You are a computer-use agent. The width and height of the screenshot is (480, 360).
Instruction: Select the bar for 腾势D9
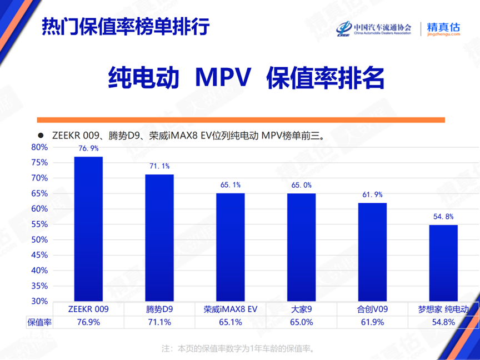coord(159,238)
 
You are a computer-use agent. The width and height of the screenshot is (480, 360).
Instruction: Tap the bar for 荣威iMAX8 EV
coord(231,247)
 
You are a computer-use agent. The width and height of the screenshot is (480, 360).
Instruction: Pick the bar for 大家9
coord(301,247)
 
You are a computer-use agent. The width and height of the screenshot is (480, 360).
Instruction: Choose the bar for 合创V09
coord(372,252)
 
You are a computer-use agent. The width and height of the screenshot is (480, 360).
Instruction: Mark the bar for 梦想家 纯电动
coord(443,263)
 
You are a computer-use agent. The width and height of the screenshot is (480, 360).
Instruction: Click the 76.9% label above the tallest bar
coord(88,148)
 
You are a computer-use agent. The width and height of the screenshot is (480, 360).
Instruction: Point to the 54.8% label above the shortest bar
coord(443,217)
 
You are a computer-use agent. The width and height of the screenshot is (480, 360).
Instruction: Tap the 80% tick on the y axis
coord(40,147)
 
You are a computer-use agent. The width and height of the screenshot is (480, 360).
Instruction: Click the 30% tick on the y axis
coord(40,301)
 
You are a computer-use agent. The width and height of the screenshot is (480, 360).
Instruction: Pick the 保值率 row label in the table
coord(39,322)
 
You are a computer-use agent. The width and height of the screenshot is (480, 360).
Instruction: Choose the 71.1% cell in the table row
coord(159,322)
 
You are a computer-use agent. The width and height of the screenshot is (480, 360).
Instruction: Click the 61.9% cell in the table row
coord(372,322)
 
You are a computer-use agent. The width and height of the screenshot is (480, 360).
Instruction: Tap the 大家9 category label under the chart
coord(301,309)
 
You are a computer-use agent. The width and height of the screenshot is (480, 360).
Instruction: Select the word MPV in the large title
coord(223,79)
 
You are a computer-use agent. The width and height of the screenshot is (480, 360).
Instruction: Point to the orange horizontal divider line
coord(240,120)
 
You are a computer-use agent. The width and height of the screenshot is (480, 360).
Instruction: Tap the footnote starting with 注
coord(239,349)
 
